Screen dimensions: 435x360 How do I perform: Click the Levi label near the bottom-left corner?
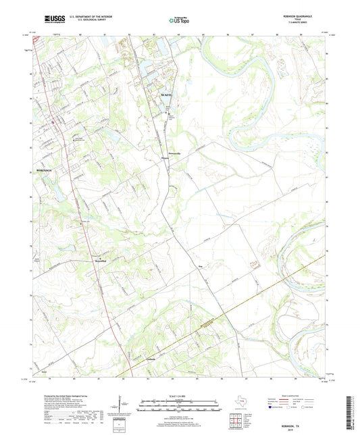click(x=45, y=371)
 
